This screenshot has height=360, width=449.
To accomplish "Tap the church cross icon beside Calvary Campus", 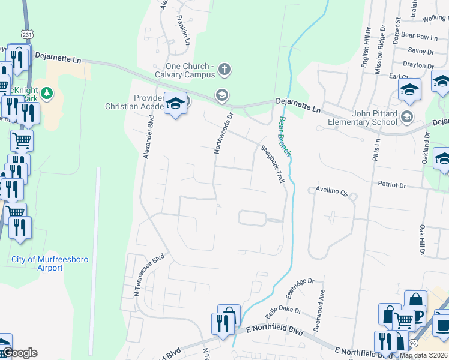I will pos(224,70).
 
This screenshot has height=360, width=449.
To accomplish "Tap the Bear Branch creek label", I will pos(285,137).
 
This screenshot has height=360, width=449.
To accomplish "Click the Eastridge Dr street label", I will pos(300,287).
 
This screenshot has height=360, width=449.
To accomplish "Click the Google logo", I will pos(19,353).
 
